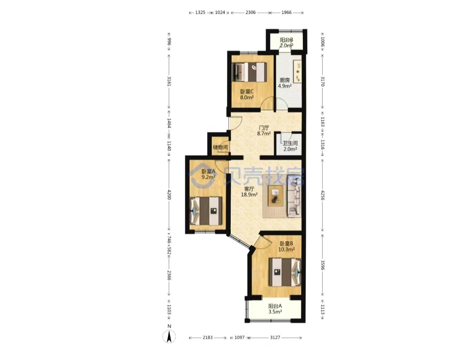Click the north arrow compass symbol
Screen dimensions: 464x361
point(169,336)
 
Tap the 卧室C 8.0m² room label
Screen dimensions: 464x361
point(247,94)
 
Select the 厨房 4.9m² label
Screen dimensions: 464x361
point(284,83)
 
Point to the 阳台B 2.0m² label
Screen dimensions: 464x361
point(287,42)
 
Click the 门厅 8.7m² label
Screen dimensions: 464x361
point(264,131)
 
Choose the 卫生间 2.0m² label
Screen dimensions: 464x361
point(290,146)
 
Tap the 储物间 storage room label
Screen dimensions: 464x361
point(220,147)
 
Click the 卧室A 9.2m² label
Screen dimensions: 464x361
point(208,174)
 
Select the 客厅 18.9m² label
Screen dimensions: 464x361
point(249,191)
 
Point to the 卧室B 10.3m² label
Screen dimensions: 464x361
point(286,247)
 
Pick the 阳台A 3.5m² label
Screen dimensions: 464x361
point(275,309)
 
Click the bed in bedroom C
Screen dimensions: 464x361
point(250,72)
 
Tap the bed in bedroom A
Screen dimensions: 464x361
point(206,211)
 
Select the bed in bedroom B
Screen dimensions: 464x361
point(285,272)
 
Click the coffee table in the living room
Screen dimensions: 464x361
point(275,196)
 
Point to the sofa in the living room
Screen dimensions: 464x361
point(294,196)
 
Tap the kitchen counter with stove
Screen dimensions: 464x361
point(297,72)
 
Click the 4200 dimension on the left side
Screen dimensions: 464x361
point(169,195)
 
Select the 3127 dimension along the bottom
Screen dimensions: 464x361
point(275,337)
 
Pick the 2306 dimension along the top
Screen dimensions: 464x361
point(250,12)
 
